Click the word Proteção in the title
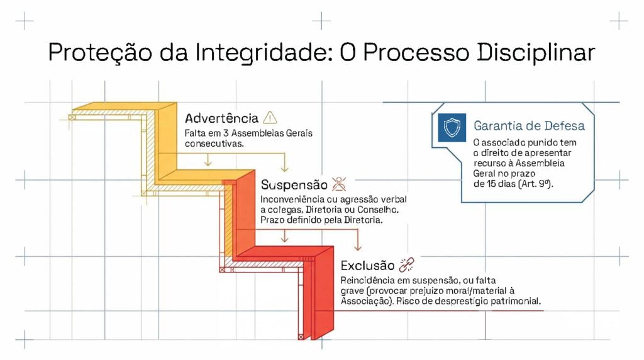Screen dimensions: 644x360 [100, 53]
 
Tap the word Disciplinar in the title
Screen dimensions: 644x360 [536, 53]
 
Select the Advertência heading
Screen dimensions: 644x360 [221, 118]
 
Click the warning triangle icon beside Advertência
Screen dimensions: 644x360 [270, 118]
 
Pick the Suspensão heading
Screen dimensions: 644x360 [294, 185]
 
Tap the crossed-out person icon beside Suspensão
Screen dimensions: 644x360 [339, 184]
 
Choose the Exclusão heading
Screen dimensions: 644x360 [367, 266]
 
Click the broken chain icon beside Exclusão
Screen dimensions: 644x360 [407, 265]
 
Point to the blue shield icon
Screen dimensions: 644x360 [452, 128]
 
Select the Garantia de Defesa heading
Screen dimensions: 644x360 [529, 126]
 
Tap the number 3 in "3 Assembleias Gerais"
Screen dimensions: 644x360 [226, 133]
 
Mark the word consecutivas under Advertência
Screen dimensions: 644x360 [214, 144]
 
